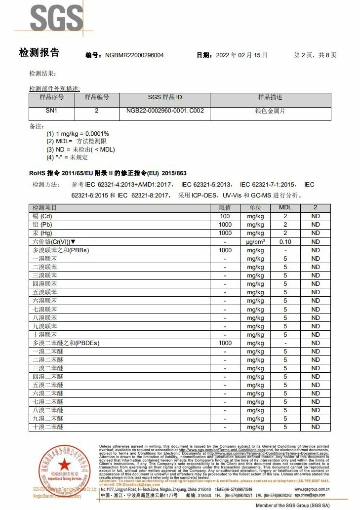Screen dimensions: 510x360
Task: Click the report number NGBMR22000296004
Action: tap(134, 55)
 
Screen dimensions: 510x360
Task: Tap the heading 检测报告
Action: tap(39, 53)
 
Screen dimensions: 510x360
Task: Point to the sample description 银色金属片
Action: tap(270, 111)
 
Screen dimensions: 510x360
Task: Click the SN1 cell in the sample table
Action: tap(51, 111)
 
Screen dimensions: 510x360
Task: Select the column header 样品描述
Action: tap(270, 98)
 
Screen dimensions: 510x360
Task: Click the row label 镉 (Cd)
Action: tap(42, 216)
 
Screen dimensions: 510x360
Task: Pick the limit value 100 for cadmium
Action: tap(225, 216)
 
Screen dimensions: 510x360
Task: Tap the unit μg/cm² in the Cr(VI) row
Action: tap(255, 242)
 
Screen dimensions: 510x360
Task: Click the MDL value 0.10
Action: tap(285, 242)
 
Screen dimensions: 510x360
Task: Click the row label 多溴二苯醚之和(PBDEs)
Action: tap(62, 343)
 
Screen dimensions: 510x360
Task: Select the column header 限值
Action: tap(225, 208)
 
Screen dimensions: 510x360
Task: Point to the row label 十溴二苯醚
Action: tap(48, 427)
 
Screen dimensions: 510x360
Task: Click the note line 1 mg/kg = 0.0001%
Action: tap(78, 134)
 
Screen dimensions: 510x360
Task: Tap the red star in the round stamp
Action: tap(64, 464)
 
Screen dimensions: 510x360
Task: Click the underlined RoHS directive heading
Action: tap(108, 173)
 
